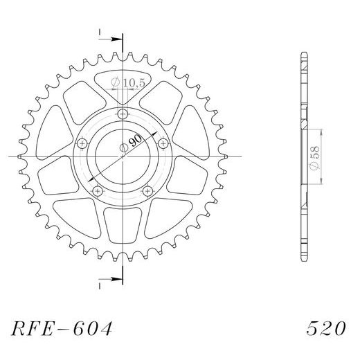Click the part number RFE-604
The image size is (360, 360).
62,327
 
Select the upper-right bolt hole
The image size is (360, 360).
163,143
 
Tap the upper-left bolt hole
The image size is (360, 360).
82,143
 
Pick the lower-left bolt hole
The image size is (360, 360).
98,190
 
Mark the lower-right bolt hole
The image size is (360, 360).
147,190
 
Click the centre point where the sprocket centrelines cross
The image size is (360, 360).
123,157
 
